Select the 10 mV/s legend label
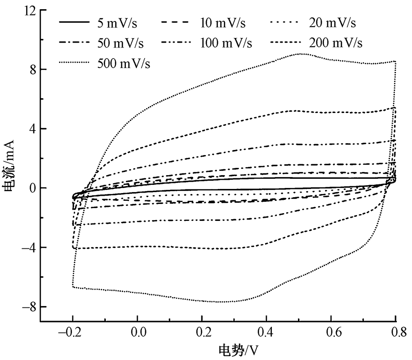[x=226, y=22]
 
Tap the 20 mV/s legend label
[x=331, y=22]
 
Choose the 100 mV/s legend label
[x=226, y=43]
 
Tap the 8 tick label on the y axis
[x=32, y=70]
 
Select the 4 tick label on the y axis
[x=32, y=129]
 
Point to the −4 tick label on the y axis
[x=28, y=247]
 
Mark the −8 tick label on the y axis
[x=28, y=306]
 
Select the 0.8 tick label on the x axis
[x=395, y=332]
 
